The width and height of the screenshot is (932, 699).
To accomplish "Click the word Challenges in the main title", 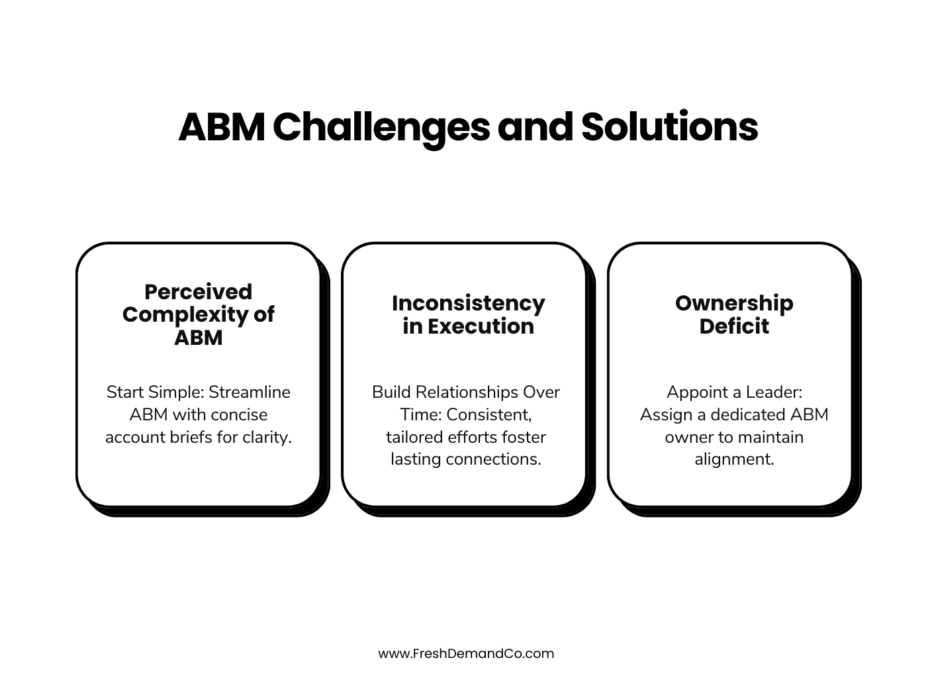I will tap(381, 127).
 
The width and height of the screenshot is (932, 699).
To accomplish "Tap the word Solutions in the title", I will tap(669, 127).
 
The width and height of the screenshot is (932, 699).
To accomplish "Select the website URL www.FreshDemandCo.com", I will tap(466, 654).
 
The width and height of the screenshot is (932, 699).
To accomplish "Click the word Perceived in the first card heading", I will tap(198, 292).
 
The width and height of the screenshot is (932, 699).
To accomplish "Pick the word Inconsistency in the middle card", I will tap(468, 303).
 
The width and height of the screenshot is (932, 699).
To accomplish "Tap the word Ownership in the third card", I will tap(734, 303).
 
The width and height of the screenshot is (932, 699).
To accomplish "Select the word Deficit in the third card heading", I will tap(734, 326).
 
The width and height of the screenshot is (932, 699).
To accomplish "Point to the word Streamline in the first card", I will tap(250, 393).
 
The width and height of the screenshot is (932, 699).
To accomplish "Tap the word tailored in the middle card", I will tap(415, 438).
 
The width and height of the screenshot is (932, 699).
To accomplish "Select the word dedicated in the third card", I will tap(750, 415).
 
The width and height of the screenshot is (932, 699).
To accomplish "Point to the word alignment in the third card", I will tap(734, 459).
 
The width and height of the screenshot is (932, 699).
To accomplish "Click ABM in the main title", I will tap(221, 127).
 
